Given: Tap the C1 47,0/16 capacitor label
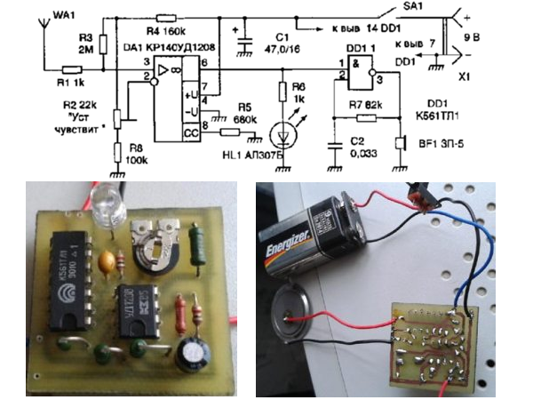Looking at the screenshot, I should tap(282, 44).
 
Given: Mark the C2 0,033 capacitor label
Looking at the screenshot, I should tap(360, 147).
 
